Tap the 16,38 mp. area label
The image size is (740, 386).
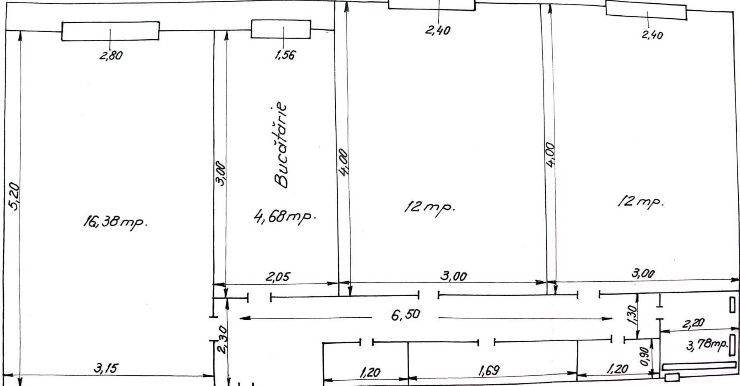coord(115,223)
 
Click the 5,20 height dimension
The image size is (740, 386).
coord(14,197)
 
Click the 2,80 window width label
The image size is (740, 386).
coord(111,55)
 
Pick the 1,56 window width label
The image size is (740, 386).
coord(285,55)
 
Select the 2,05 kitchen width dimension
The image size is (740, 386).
coord(278,276)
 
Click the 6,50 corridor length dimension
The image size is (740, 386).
coord(406,315)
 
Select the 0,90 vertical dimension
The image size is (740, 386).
coord(645,356)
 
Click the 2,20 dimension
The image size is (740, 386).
coord(693,324)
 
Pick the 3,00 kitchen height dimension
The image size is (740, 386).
coord(221,174)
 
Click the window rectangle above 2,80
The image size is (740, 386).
coord(110,31)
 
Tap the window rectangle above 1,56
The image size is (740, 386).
coord(281,29)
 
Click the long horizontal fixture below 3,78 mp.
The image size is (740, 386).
coord(699,366)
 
